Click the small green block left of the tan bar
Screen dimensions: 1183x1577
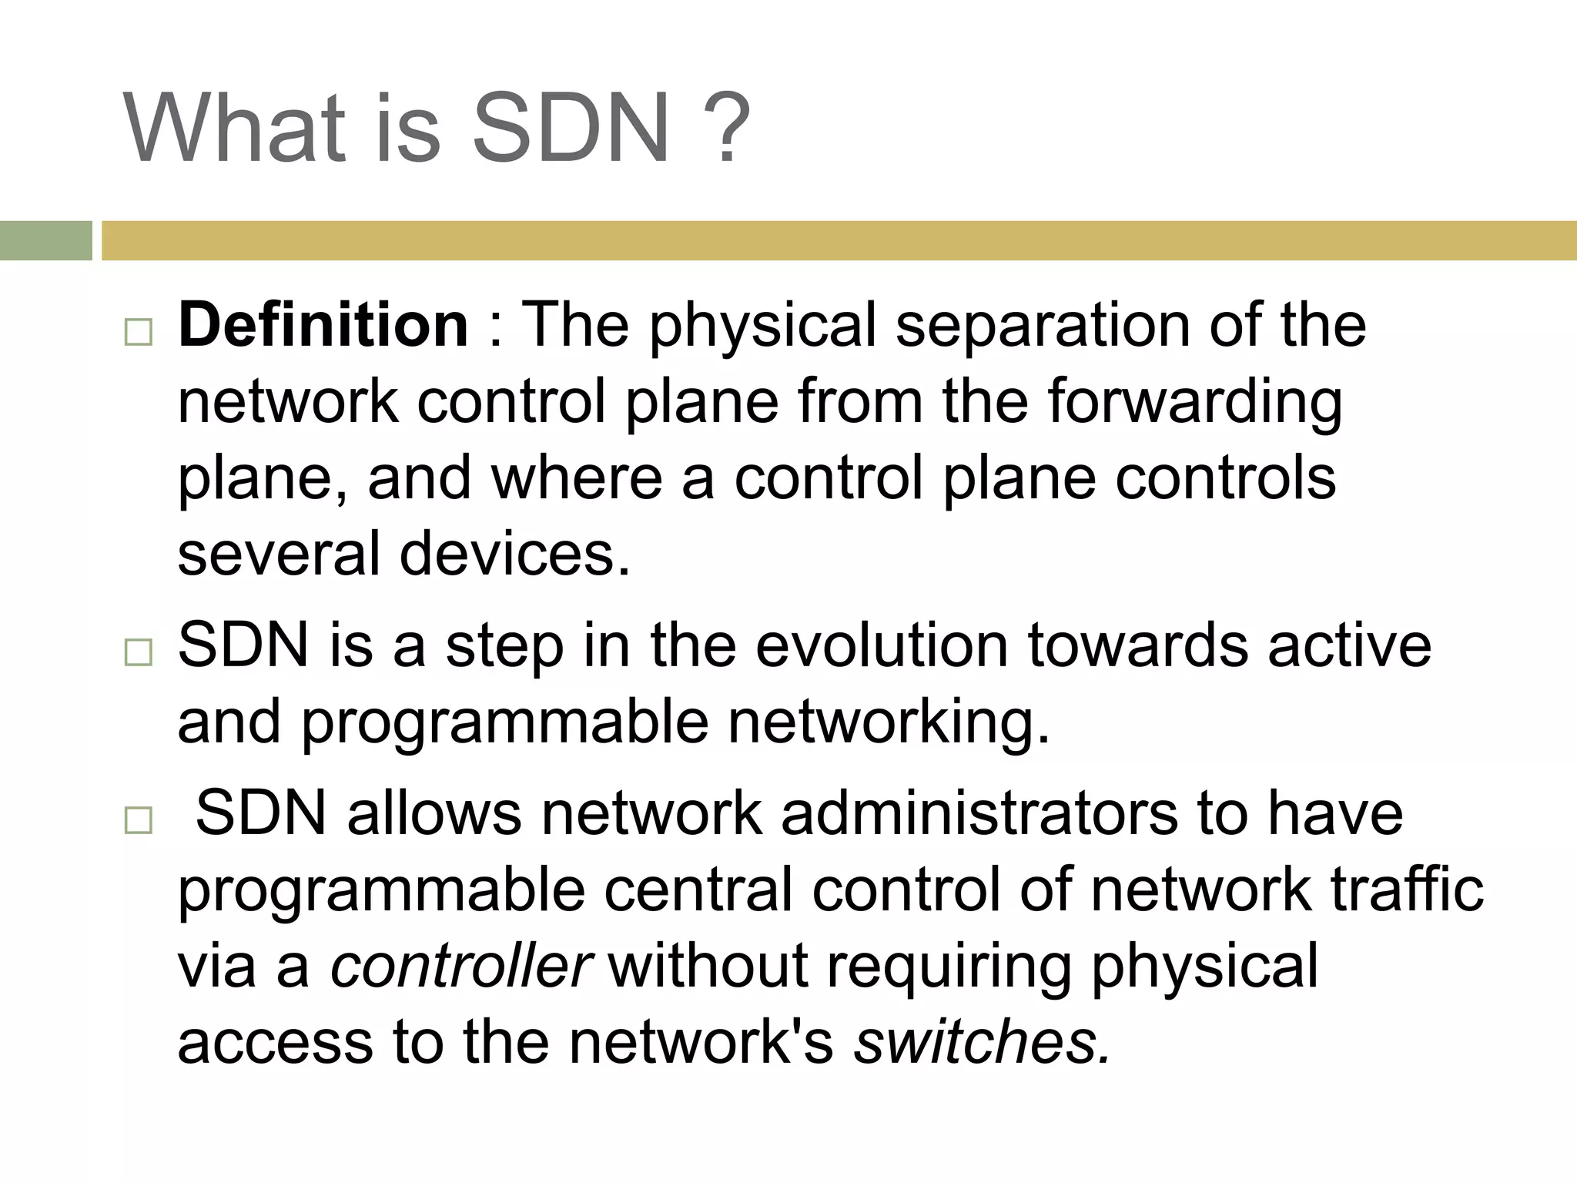coord(45,240)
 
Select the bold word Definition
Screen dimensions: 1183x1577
coord(323,324)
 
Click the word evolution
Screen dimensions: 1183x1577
coord(881,645)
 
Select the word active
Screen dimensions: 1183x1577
coord(1349,645)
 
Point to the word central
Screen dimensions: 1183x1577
coord(698,890)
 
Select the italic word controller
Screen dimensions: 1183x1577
coord(460,966)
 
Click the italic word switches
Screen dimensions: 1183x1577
coord(983,1041)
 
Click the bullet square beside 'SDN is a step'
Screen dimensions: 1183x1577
coord(138,652)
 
